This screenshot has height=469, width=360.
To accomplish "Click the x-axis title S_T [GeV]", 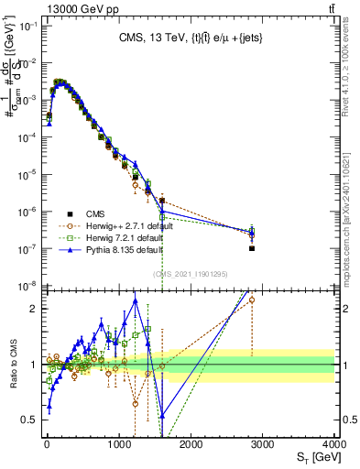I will (314, 455).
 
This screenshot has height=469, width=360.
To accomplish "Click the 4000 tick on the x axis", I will (335, 443).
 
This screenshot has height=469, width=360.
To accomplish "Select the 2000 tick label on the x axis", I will (191, 443).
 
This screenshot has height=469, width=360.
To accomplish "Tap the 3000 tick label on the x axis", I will (263, 443).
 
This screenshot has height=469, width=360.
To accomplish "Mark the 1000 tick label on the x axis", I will (119, 443).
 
